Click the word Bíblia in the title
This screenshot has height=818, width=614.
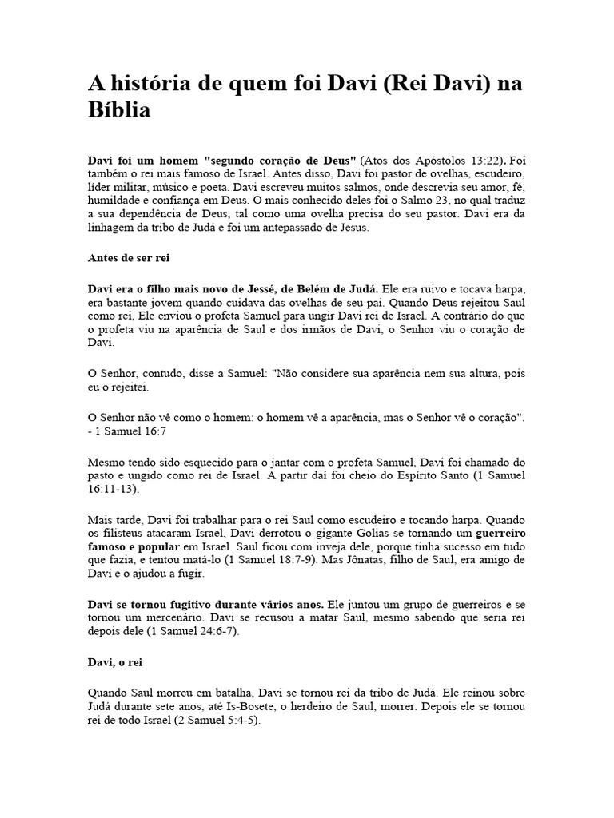click(119, 110)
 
